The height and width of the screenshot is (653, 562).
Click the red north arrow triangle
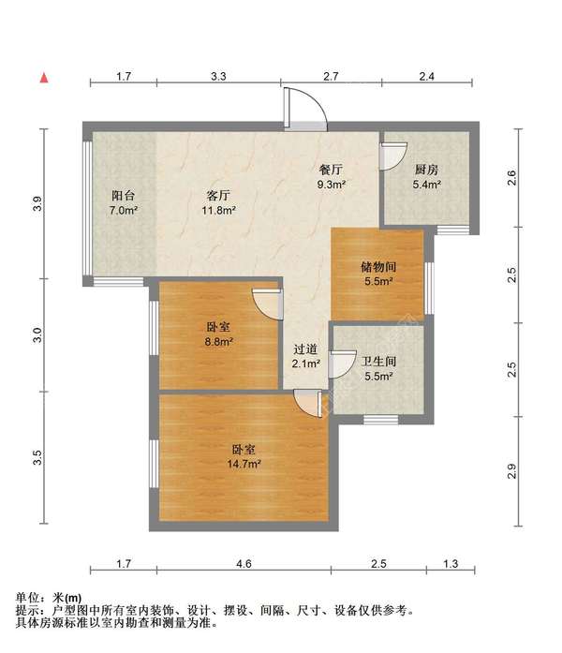point(44,78)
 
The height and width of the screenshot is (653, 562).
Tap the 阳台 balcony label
point(124,195)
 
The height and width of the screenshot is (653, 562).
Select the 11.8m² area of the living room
point(219,210)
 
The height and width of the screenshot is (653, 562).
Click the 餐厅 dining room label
point(331,170)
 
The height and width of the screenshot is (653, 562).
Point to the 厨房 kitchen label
point(427,170)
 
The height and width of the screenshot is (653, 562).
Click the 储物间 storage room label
point(378,266)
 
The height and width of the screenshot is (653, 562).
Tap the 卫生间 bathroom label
point(378,362)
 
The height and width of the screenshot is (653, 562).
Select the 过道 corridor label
point(305,349)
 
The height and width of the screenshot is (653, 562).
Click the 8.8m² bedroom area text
point(218,342)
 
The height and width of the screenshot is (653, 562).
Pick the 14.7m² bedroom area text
point(244,464)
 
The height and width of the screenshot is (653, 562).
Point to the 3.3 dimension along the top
point(218,76)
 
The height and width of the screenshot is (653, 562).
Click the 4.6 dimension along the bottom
point(244,563)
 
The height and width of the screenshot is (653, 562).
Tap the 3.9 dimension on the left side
point(37,203)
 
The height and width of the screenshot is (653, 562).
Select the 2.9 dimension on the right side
point(511,471)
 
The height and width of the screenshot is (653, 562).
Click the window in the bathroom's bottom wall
point(381,420)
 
